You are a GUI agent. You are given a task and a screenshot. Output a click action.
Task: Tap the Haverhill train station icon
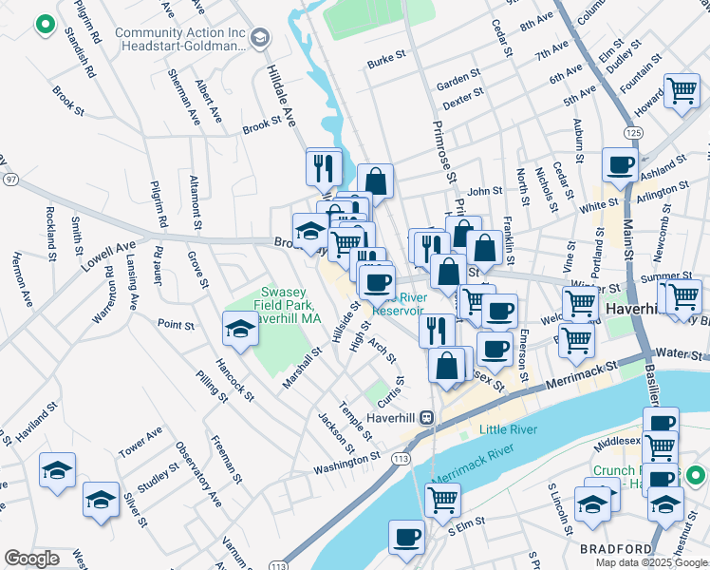(427, 416)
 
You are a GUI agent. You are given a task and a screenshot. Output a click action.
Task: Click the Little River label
(508, 430)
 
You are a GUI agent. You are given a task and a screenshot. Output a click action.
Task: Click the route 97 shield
(10, 179)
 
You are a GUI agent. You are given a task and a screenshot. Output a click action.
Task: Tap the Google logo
(31, 558)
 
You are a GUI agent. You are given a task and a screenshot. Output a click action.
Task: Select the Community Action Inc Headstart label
(180, 39)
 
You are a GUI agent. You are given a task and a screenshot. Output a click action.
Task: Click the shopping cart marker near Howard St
(682, 91)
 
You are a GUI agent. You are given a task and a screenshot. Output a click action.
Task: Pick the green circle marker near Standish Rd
(44, 24)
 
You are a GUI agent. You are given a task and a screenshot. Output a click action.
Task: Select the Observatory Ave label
(197, 471)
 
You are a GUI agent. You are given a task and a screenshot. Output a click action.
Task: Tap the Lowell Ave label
(107, 256)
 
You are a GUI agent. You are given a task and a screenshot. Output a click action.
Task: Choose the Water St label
(676, 353)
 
